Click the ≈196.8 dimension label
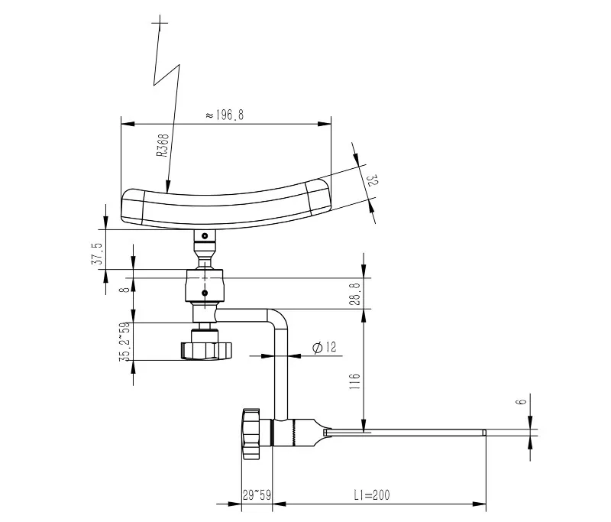point(225,115)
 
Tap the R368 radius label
point(163,145)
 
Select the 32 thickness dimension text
point(373,180)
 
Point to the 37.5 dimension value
point(97,254)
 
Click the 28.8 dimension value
point(355,293)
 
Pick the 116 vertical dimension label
point(354,381)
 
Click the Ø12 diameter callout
point(324,347)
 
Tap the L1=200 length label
point(372,495)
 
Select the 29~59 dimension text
point(257,495)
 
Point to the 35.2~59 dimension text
point(124,342)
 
